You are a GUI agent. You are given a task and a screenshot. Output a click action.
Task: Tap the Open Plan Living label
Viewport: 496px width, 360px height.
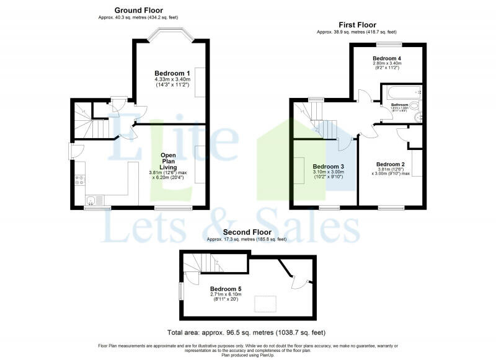169,160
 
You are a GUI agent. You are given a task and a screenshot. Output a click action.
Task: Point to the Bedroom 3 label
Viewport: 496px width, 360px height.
328,166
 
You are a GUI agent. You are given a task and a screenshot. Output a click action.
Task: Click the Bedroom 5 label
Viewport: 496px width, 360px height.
225,289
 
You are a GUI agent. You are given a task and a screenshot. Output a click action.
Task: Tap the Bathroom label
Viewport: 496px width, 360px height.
399,105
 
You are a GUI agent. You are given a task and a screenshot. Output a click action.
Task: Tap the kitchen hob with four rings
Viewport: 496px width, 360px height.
79,180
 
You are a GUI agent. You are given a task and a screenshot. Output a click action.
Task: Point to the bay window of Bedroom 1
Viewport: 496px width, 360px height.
172,40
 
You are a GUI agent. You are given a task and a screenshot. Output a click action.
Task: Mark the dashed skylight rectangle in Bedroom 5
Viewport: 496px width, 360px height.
267,304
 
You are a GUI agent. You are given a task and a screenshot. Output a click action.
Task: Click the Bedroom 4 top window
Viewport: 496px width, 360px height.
388,44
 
